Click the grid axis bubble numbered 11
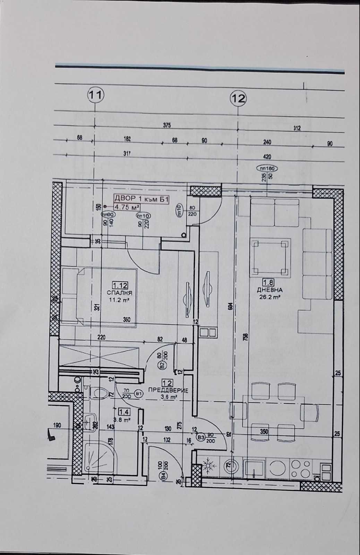click(x=95, y=95)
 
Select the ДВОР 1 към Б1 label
click(x=142, y=199)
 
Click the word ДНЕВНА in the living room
click(x=269, y=290)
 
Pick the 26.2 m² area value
click(x=269, y=297)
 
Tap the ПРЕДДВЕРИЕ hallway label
click(x=168, y=390)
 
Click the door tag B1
click(x=139, y=394)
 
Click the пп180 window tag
click(x=266, y=168)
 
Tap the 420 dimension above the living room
click(x=267, y=156)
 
